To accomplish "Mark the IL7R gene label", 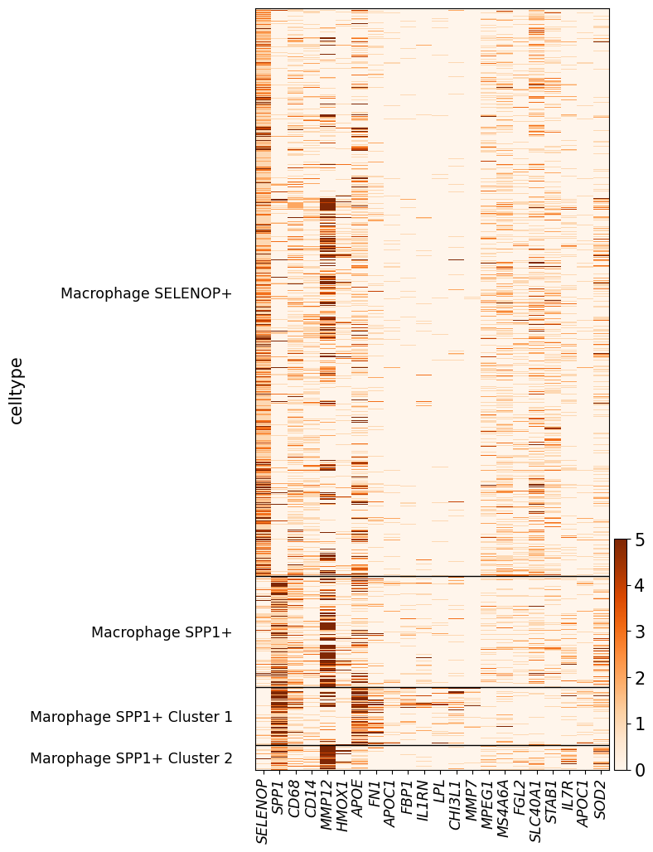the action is [x=569, y=795].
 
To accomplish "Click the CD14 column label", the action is [x=312, y=798].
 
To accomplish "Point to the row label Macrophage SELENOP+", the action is [x=146, y=293].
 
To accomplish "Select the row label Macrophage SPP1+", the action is [x=162, y=632].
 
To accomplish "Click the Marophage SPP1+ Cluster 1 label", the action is [x=132, y=717].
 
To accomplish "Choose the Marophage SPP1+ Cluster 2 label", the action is [x=132, y=758].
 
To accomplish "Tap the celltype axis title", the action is [x=17, y=390].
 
